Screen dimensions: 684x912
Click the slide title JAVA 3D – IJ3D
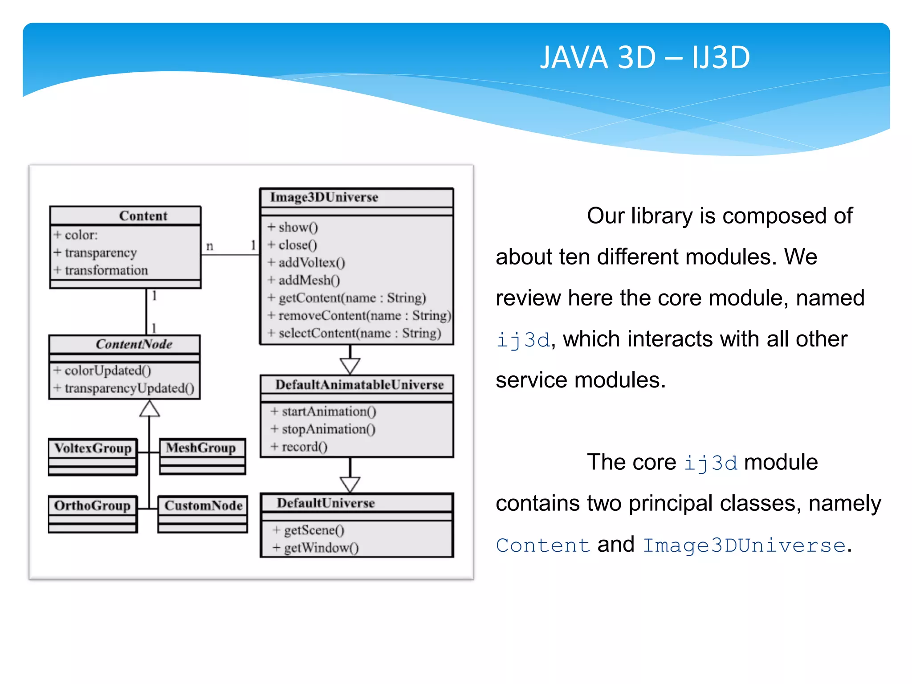645,58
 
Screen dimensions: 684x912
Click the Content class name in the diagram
143,216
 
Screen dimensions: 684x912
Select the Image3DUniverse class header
324,197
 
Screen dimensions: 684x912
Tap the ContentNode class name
134,344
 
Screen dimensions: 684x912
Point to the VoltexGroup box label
93,448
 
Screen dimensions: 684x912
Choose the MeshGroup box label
201,448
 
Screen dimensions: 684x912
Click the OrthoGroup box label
92,505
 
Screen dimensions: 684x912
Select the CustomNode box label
204,505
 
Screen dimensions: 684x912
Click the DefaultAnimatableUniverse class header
359,385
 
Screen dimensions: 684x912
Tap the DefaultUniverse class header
326,503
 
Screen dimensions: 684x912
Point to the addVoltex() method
311,263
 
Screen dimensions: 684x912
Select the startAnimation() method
328,411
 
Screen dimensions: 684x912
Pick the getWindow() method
321,548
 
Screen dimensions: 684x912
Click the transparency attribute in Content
101,253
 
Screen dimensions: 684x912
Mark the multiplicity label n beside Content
210,246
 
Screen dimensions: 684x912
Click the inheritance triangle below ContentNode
150,409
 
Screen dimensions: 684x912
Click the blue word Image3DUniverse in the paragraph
744,546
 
